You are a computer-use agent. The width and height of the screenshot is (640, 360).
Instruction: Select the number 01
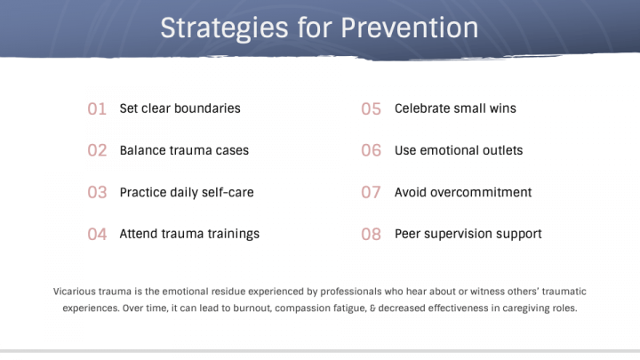tap(97, 108)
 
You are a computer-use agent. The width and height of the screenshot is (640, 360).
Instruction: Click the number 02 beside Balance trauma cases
tap(97, 150)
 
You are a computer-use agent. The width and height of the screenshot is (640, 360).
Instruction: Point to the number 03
tap(97, 192)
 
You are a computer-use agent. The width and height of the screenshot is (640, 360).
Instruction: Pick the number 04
tap(97, 235)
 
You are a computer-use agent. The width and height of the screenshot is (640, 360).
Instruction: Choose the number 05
tap(371, 108)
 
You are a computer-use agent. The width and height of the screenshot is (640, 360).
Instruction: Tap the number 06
tap(371, 150)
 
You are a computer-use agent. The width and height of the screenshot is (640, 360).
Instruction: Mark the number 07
tap(371, 192)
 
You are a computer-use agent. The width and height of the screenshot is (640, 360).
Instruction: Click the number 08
tap(371, 235)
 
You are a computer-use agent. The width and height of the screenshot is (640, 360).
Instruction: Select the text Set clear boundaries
tap(180, 108)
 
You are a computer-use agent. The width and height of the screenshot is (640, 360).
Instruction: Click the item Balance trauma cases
tap(184, 150)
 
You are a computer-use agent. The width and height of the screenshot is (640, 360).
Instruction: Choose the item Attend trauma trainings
tap(189, 234)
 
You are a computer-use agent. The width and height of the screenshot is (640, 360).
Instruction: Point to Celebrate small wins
tap(455, 108)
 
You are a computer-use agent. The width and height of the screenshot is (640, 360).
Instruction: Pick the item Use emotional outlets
tap(459, 150)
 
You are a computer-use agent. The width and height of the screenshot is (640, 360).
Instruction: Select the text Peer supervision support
tap(468, 234)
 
